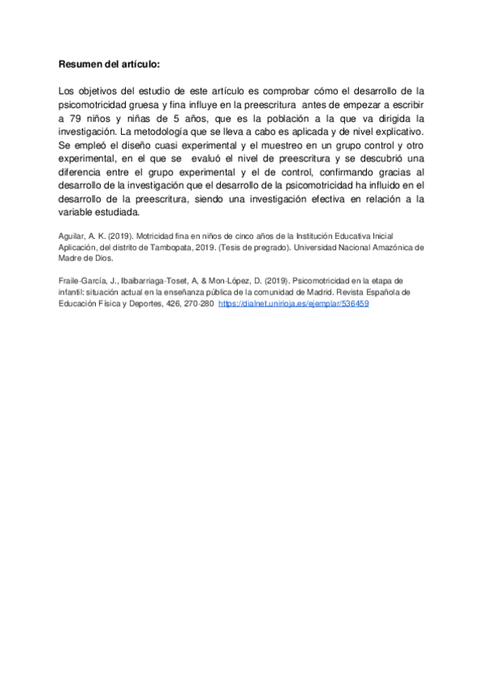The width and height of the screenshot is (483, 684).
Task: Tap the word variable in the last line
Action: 77,212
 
